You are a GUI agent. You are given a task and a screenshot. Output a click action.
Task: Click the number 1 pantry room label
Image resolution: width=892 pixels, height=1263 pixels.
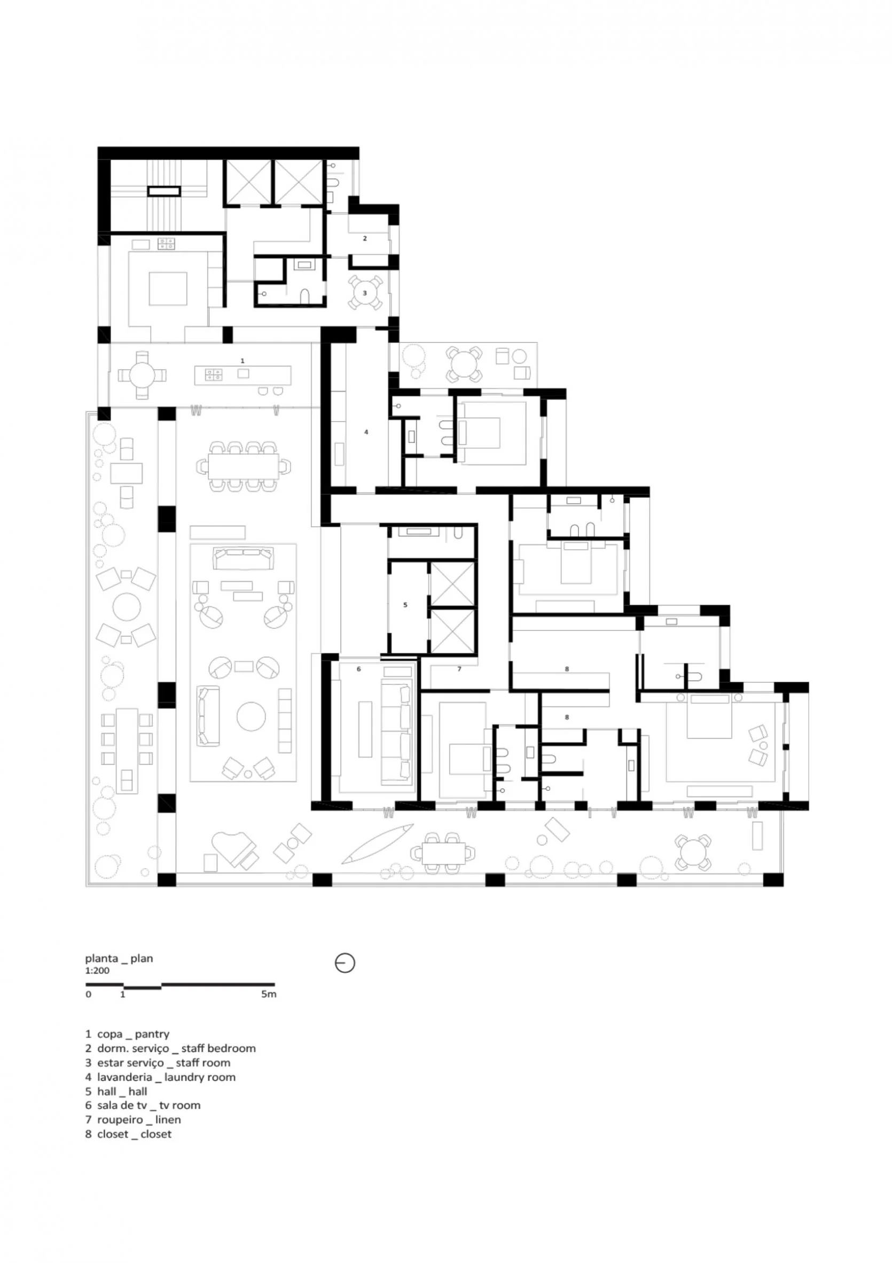[242, 360]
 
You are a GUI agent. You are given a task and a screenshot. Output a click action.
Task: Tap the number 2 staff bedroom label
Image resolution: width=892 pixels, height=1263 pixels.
[365, 238]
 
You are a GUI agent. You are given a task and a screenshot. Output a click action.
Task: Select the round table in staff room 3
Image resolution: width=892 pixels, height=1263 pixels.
[365, 293]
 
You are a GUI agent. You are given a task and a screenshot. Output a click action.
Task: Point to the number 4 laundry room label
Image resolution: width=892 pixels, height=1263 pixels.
[366, 432]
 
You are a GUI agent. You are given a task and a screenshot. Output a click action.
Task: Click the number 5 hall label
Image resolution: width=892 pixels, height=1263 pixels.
[405, 605]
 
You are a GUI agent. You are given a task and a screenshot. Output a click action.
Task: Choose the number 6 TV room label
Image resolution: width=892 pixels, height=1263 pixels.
[358, 669]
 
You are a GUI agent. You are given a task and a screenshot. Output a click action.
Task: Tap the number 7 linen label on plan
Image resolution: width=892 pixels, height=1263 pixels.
[459, 669]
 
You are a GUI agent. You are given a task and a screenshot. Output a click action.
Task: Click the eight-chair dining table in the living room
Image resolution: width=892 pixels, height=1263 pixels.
[244, 465]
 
